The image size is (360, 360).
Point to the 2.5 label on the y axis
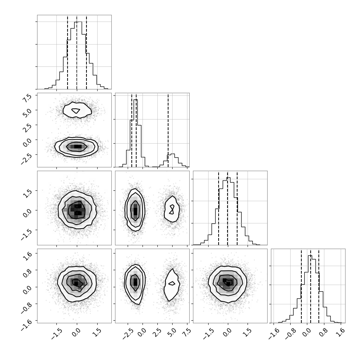point(27,127)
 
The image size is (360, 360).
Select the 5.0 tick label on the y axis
point(27,112)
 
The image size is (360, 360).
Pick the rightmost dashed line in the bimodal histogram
point(168,130)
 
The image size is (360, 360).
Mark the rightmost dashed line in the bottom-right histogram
point(319,286)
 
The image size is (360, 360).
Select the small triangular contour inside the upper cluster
point(76,111)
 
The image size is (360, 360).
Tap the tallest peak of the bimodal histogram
point(135,99)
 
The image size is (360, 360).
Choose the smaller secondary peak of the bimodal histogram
point(173,154)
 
